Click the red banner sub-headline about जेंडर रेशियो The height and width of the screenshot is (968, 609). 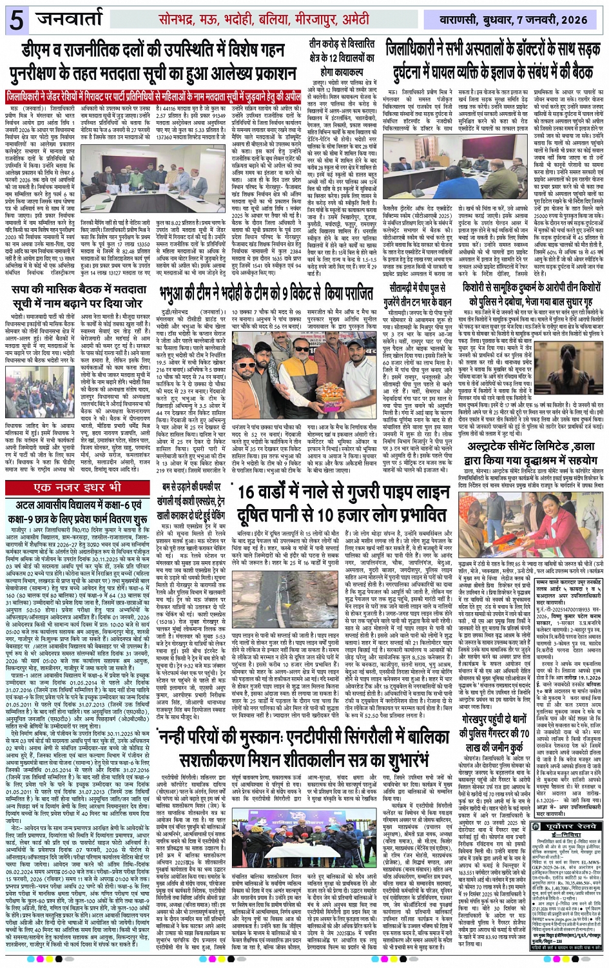pyautogui.click(x=153, y=97)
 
